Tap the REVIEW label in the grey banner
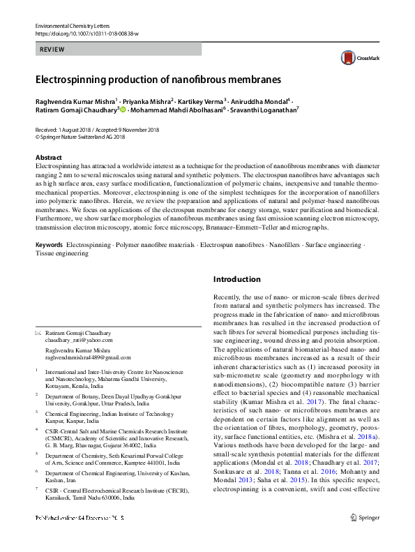coord(52,50)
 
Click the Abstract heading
coord(49,158)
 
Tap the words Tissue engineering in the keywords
coord(62,254)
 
